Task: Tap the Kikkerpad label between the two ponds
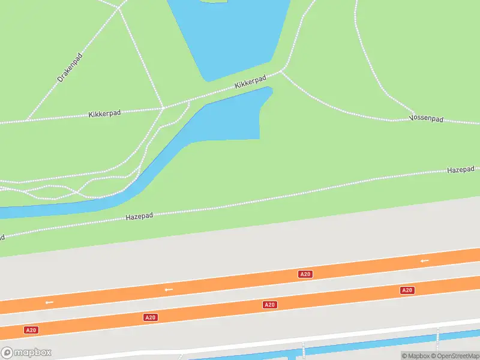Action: tap(250, 83)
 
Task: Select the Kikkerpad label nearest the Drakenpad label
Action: tap(104, 113)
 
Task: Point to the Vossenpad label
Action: tap(426, 119)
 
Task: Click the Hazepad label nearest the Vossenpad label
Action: tap(460, 170)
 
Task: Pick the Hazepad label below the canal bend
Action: tap(139, 216)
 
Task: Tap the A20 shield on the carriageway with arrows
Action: tap(305, 274)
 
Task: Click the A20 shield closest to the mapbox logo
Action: tap(31, 330)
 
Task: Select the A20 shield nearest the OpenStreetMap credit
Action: tap(407, 290)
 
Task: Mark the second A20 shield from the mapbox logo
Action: tap(150, 317)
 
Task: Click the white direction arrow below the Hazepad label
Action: tap(425, 260)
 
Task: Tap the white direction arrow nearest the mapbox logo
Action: tap(49, 302)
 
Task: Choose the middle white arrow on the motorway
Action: tap(169, 289)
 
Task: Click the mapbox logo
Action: tap(26, 352)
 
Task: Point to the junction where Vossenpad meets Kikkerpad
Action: tap(281, 71)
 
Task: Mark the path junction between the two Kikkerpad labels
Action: tap(163, 108)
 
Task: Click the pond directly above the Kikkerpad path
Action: tap(231, 36)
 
